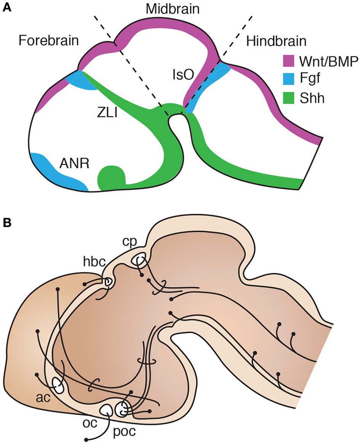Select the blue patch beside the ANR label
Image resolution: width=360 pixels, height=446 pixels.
coord(57,171)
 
